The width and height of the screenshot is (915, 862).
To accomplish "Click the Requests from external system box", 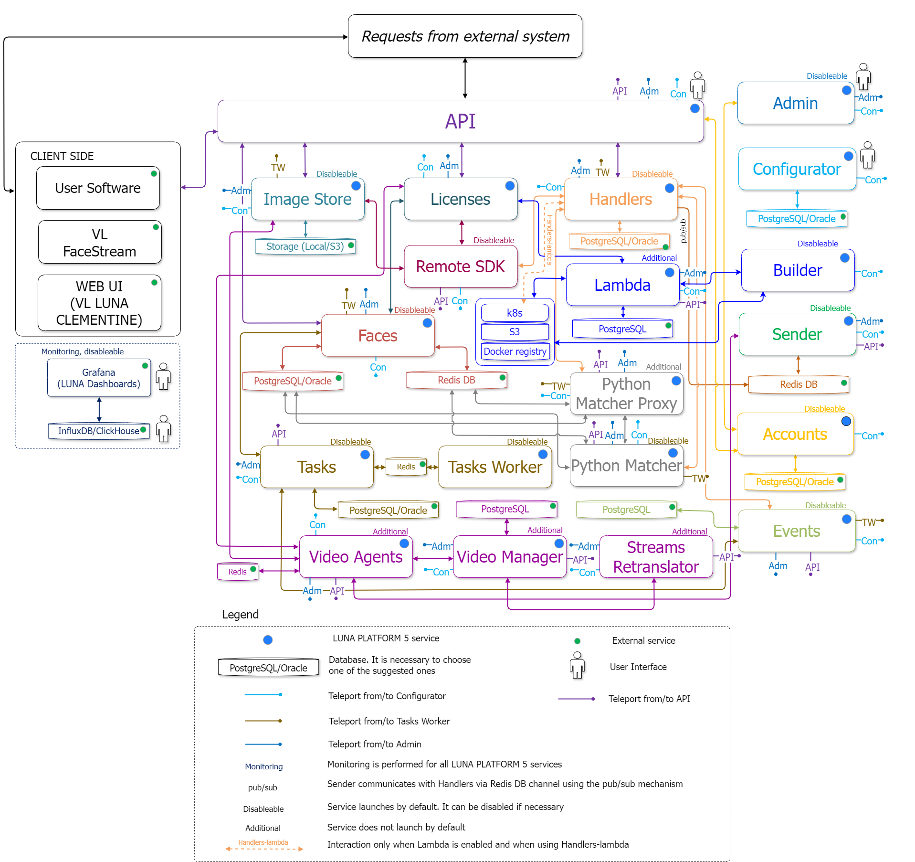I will [x=465, y=36].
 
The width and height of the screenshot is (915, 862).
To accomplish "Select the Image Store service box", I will [x=307, y=199].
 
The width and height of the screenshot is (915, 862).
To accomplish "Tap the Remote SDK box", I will [x=460, y=266].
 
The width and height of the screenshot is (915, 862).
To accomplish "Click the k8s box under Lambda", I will [x=515, y=313].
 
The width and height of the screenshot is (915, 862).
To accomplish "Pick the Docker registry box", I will [x=515, y=351].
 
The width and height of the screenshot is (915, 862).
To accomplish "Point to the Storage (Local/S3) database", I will [x=305, y=246].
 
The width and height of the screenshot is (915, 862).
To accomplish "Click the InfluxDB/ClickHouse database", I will [x=99, y=431].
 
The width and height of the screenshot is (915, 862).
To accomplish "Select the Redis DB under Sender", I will [x=798, y=384].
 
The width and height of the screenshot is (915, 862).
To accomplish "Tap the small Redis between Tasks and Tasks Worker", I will [x=406, y=467].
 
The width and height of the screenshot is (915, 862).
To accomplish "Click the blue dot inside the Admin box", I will [x=846, y=90].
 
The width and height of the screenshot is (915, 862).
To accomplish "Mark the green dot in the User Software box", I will [x=154, y=173].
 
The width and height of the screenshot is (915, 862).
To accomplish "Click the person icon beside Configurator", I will [x=867, y=155].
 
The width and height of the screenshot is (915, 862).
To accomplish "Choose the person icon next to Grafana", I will [x=163, y=376].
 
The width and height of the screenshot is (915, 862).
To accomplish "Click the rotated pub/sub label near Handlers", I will [x=683, y=231].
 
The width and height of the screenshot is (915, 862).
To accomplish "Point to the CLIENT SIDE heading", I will [x=62, y=156].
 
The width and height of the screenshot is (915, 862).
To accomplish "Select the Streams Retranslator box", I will [x=655, y=557].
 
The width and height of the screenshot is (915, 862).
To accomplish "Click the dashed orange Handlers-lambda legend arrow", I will [x=263, y=849].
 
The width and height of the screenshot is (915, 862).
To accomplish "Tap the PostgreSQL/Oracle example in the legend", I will [x=268, y=668].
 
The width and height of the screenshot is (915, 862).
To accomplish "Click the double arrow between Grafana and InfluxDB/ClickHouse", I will [x=99, y=409].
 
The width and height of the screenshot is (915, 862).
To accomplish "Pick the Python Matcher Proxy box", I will [x=626, y=394].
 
